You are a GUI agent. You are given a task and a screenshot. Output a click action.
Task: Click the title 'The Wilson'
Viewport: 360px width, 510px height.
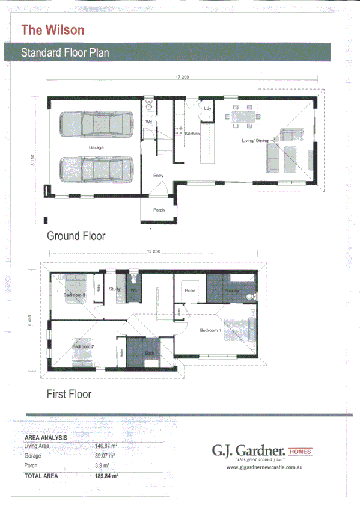(x=52, y=29)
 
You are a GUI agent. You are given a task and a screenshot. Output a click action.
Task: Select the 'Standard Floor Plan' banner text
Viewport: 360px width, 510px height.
(x=64, y=52)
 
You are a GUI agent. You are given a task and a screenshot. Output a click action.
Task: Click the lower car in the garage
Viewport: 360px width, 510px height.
(x=96, y=168)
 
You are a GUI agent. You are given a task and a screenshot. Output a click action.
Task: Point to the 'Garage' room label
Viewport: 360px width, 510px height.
(x=96, y=147)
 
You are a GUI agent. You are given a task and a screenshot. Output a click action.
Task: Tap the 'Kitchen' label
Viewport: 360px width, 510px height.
(x=192, y=134)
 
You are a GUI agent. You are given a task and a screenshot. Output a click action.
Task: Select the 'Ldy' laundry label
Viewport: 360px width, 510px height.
(x=207, y=109)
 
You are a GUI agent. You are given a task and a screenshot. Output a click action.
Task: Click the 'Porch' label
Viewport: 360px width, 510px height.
(x=159, y=210)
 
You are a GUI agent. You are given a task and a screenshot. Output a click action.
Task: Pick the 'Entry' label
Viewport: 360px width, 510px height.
(x=158, y=176)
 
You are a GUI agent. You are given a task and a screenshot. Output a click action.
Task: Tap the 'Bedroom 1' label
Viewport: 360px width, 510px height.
(x=210, y=331)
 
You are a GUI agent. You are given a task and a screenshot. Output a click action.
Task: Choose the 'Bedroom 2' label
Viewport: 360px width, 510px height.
(x=82, y=347)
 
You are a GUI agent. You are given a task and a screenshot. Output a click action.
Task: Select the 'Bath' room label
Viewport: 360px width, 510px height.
(x=149, y=353)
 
